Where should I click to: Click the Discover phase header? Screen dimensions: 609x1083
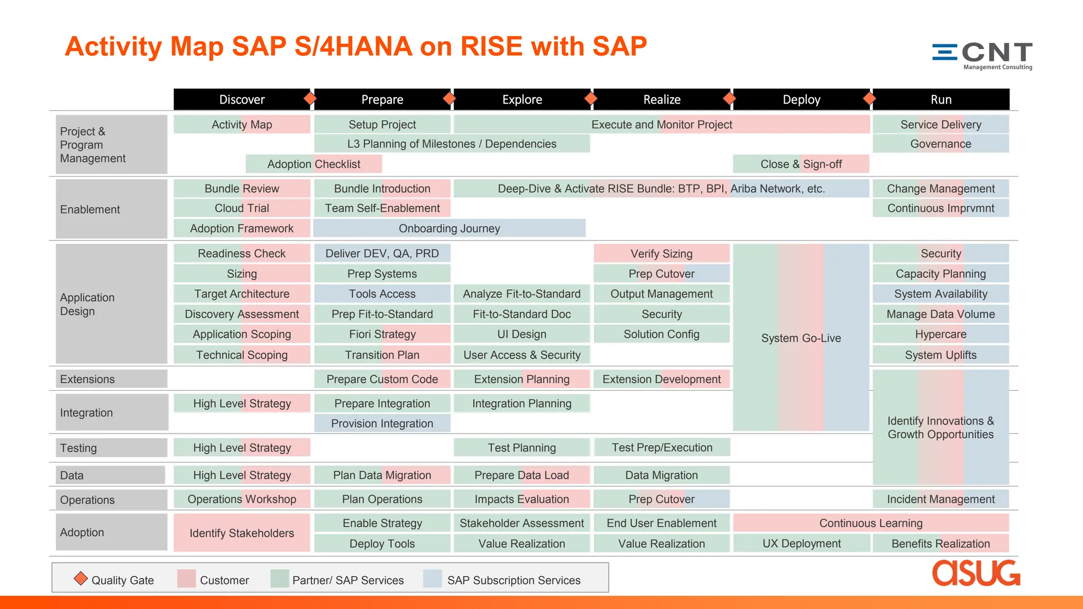click(x=242, y=99)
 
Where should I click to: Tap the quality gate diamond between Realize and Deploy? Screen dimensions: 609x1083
click(x=730, y=98)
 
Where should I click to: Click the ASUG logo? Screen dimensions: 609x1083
click(x=976, y=573)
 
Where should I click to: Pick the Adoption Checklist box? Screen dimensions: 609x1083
click(x=314, y=164)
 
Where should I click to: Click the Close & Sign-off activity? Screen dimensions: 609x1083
click(x=801, y=164)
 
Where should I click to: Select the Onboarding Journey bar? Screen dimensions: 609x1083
click(x=449, y=228)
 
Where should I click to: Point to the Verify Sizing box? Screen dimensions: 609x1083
click(x=661, y=254)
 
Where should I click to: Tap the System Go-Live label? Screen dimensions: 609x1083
click(x=801, y=338)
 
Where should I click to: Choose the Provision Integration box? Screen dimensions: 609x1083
click(x=382, y=423)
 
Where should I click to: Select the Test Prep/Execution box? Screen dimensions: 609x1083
click(x=662, y=448)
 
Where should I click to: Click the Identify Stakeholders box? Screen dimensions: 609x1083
click(x=242, y=533)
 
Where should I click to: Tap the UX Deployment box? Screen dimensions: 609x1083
click(x=801, y=543)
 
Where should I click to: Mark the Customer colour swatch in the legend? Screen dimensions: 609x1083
click(x=186, y=579)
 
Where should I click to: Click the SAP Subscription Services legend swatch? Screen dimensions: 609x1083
click(x=432, y=579)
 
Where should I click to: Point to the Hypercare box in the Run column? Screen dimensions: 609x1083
click(x=940, y=334)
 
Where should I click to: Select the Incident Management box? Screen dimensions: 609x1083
click(x=940, y=499)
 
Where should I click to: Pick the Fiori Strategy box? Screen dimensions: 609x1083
click(x=382, y=334)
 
